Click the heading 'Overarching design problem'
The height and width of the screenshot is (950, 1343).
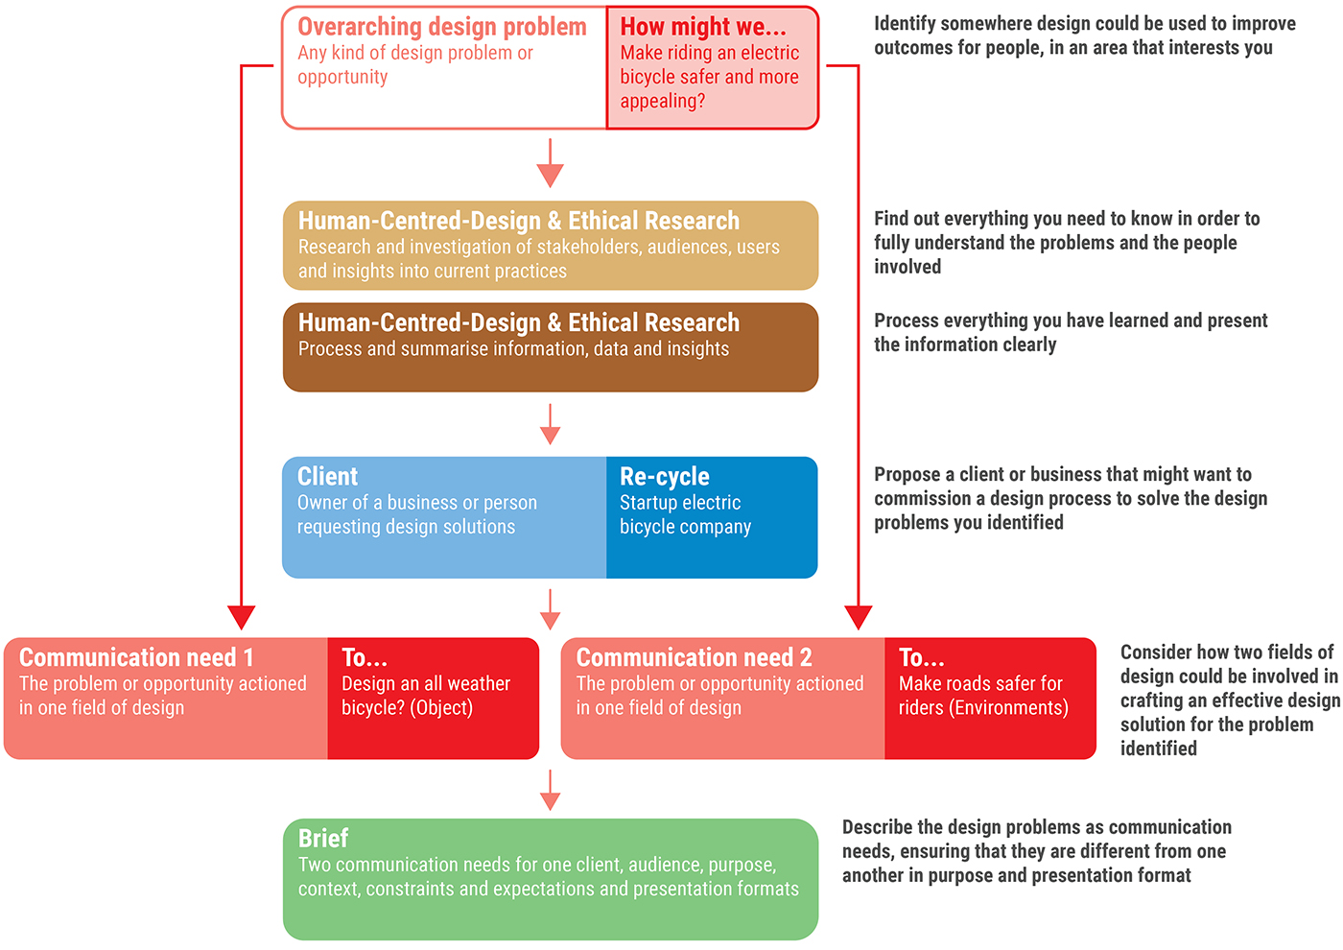441,27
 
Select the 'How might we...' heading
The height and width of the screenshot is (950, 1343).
702,27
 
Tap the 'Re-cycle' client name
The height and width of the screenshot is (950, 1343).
664,477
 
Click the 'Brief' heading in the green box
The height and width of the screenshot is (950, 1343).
322,839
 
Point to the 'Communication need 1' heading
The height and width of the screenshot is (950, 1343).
136,657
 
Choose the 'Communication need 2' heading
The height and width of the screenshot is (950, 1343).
694,657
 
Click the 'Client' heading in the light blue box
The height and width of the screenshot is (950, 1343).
327,477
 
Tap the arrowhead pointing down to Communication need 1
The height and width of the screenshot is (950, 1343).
242,616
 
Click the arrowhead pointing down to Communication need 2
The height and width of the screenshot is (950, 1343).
858,616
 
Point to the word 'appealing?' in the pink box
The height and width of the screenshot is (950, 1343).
662,102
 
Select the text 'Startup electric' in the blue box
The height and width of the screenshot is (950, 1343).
680,503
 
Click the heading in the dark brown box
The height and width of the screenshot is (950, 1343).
518,322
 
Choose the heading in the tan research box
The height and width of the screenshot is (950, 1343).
518,221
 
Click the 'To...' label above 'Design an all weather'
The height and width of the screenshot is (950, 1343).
365,658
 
